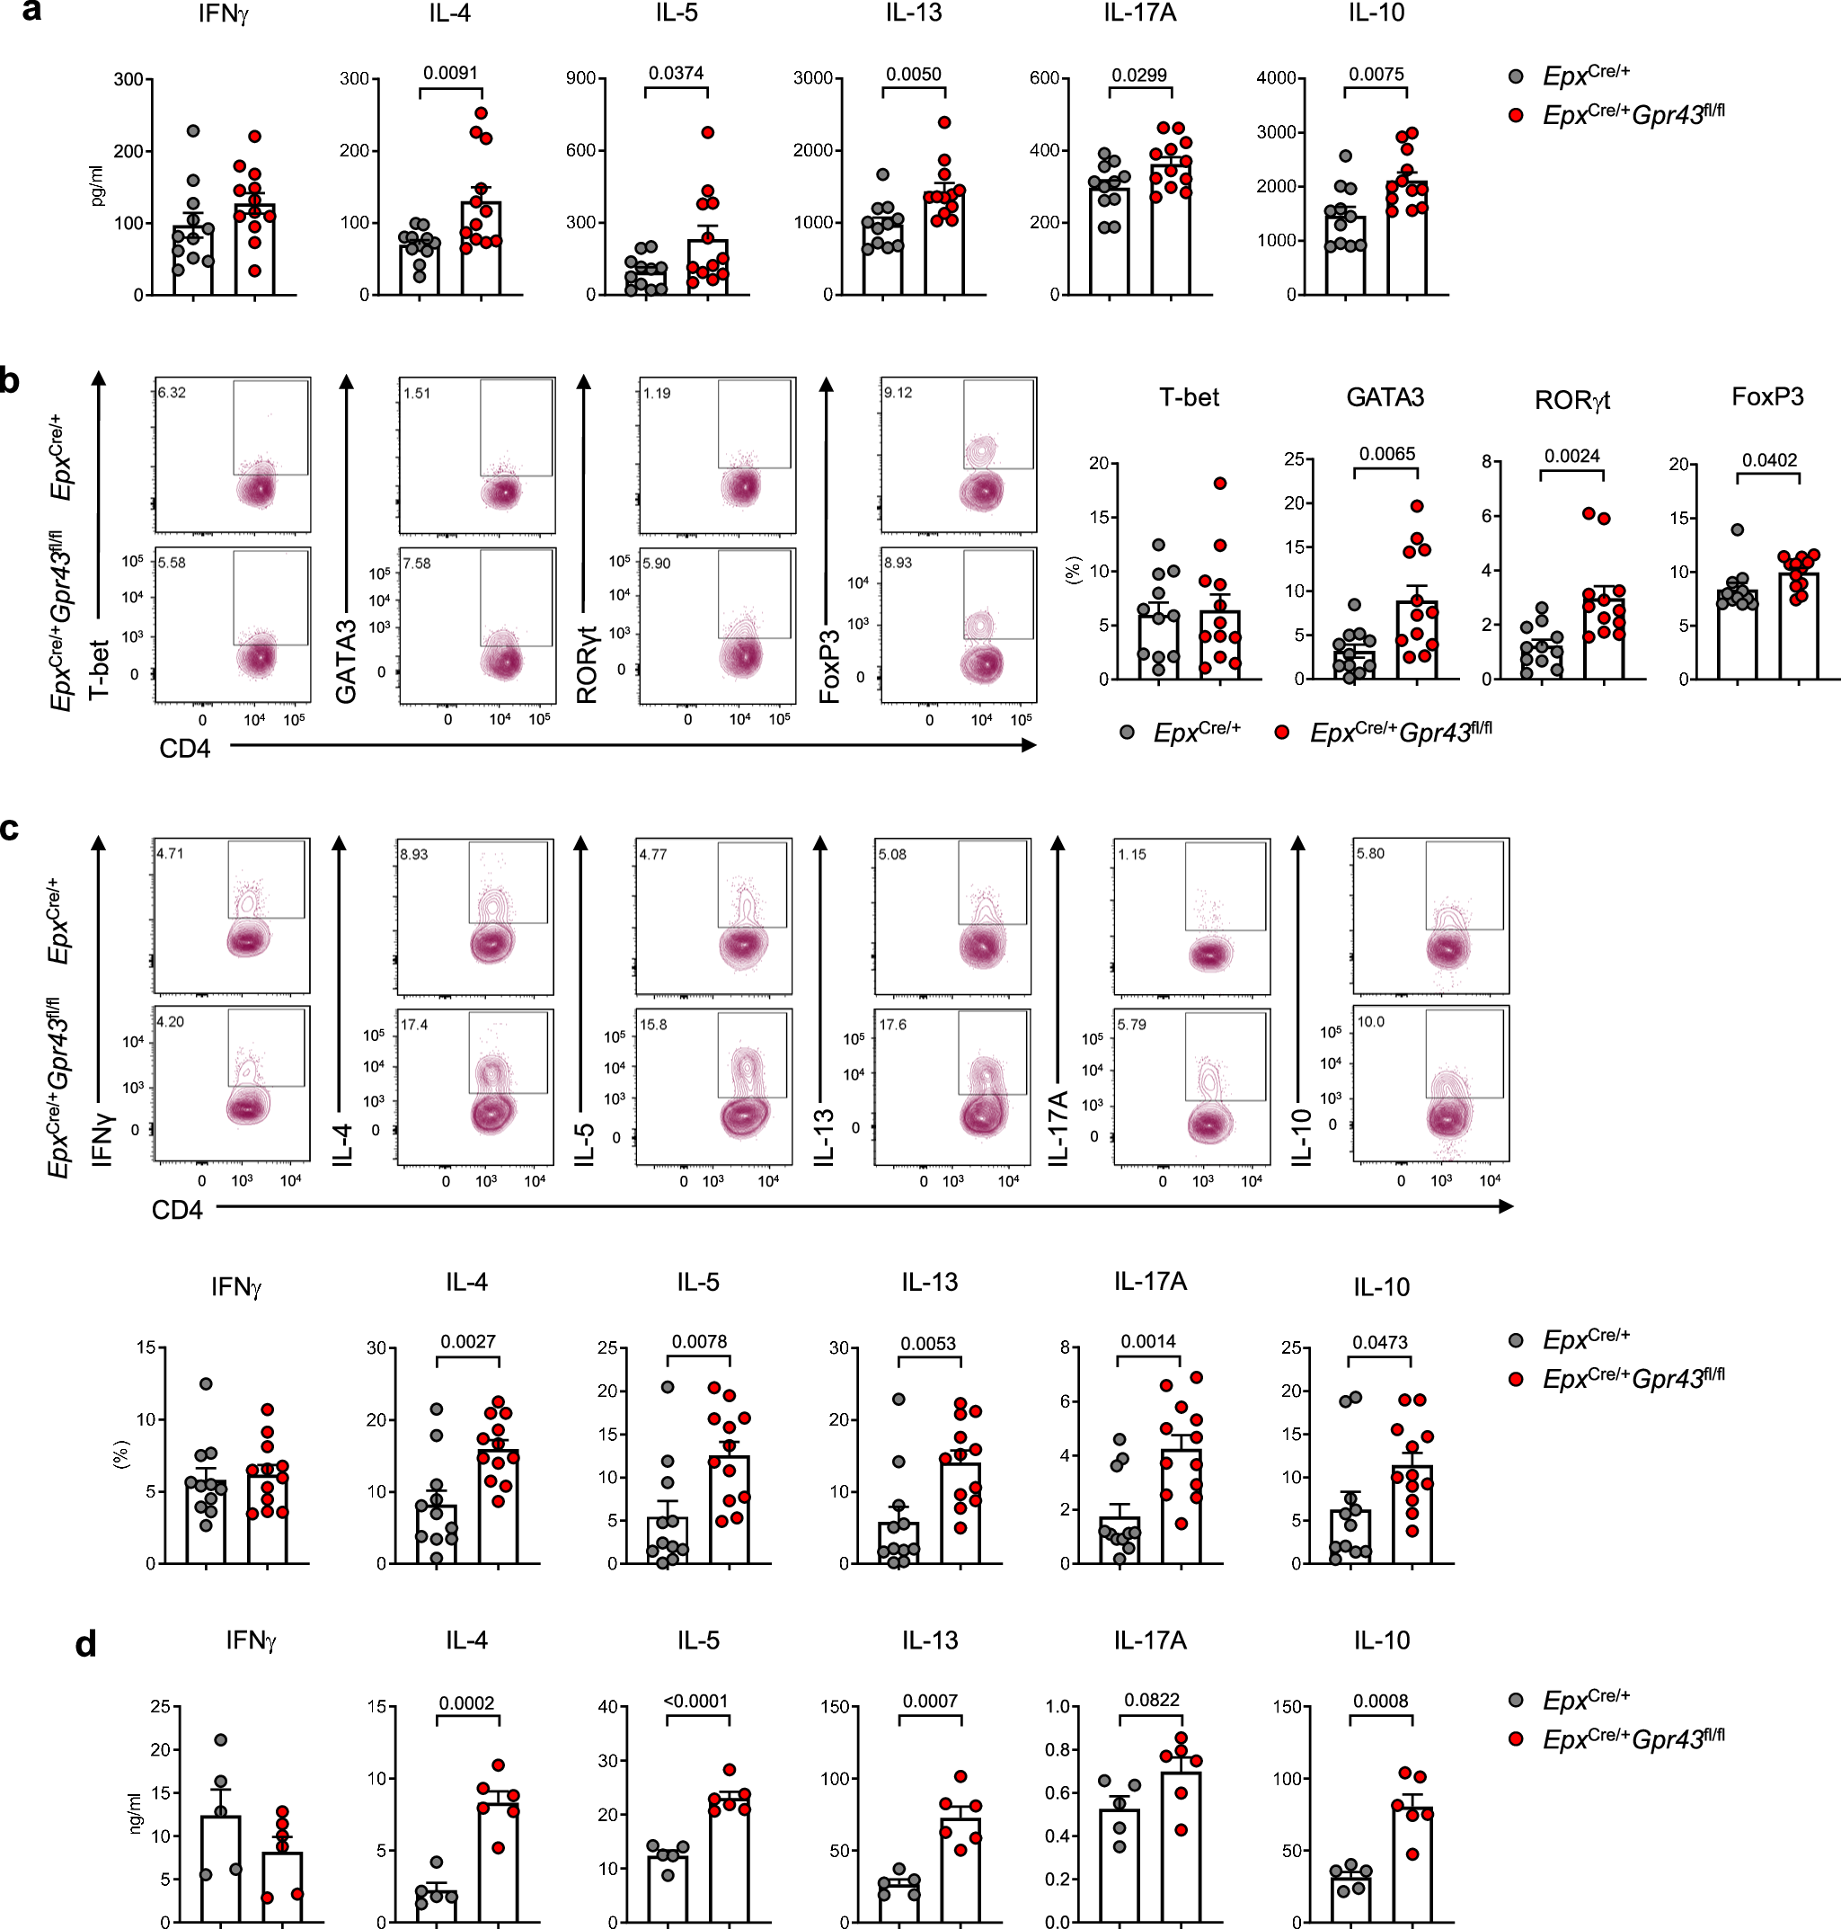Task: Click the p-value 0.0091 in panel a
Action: pyautogui.click(x=450, y=73)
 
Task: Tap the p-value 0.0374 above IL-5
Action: pyautogui.click(x=677, y=73)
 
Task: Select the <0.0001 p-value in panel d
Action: pyautogui.click(x=695, y=1701)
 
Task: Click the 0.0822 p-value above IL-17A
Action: pyautogui.click(x=1152, y=1699)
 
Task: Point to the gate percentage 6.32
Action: pyautogui.click(x=172, y=393)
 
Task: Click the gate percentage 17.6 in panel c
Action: pyautogui.click(x=892, y=1024)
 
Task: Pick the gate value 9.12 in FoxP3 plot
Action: pyautogui.click(x=898, y=393)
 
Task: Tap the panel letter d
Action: pyautogui.click(x=86, y=1643)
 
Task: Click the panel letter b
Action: pyautogui.click(x=10, y=381)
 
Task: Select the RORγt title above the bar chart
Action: pyautogui.click(x=1572, y=399)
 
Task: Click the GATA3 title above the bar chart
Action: pyautogui.click(x=1385, y=397)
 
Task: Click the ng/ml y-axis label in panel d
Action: pyautogui.click(x=136, y=1812)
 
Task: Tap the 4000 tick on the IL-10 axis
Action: pyautogui.click(x=1276, y=77)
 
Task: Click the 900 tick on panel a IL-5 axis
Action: pyautogui.click(x=581, y=77)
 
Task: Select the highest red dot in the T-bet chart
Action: pyautogui.click(x=1220, y=483)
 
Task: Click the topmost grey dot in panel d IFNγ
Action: pyautogui.click(x=221, y=1739)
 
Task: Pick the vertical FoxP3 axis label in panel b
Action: pyautogui.click(x=830, y=667)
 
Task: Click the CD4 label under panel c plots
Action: pyautogui.click(x=177, y=1209)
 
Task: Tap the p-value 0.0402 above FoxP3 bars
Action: pyautogui.click(x=1769, y=459)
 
